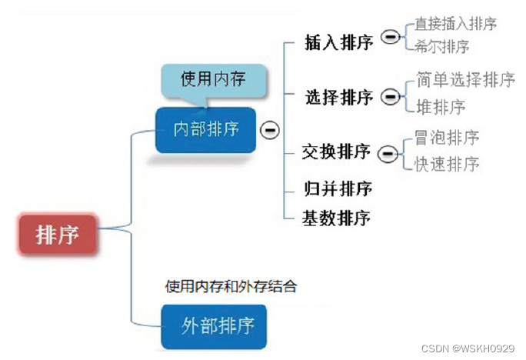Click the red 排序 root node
point(58,234)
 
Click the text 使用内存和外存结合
point(231,286)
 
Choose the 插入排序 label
point(338,42)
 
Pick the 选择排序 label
point(338,98)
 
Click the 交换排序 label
point(337,152)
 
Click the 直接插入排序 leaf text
point(455,23)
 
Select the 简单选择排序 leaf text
point(464,80)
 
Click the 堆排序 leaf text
point(441,106)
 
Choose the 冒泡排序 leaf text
point(447,137)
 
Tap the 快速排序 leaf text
point(447,163)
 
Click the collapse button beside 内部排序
point(270,130)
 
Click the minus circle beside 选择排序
point(391,98)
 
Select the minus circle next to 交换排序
point(389,153)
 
